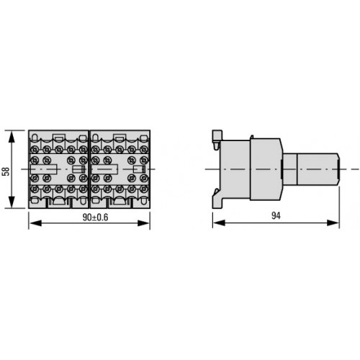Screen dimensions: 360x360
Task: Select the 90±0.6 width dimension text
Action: (95, 217)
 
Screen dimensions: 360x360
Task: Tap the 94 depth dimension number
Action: (276, 216)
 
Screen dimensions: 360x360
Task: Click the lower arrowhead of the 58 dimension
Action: (12, 202)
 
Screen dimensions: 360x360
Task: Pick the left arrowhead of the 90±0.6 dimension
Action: (35, 223)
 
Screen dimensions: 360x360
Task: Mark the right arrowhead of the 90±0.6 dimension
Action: (143, 223)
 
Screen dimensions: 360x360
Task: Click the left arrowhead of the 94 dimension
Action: (219, 223)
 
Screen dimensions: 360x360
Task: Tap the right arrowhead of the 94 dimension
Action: (333, 223)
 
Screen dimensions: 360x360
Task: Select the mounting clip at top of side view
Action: (217, 139)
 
